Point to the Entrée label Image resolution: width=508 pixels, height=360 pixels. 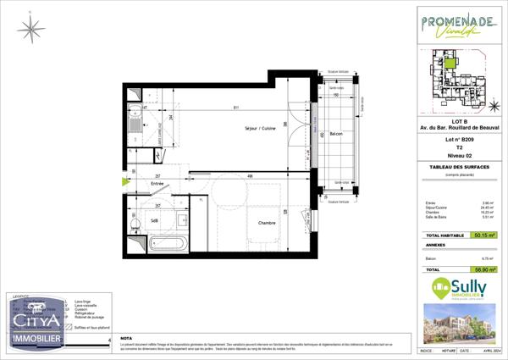[x=157, y=183]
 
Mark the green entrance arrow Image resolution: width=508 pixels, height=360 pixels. [x=127, y=180]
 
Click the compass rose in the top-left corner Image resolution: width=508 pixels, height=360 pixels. [x=31, y=30]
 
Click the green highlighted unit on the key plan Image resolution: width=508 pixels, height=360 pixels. [x=452, y=61]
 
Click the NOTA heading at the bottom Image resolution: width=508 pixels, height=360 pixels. [x=127, y=337]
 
